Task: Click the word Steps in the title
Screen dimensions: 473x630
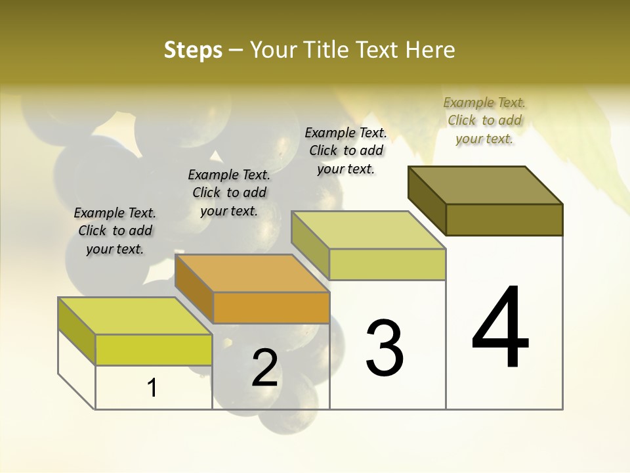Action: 193,50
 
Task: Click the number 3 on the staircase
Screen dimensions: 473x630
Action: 385,348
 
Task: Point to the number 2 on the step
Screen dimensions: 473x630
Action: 264,368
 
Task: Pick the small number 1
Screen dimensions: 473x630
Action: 152,388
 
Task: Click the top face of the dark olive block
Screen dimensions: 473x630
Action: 486,185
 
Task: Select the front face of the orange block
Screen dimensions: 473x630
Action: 271,308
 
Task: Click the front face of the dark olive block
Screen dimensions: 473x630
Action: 504,219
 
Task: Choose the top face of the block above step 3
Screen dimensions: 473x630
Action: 368,230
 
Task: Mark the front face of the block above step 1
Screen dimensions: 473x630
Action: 154,349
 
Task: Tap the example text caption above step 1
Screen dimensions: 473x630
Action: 115,231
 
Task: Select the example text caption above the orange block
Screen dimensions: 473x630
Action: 229,192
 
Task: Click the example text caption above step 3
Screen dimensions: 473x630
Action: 346,150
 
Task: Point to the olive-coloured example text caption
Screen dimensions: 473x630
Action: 484,120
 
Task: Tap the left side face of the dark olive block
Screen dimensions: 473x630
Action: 427,200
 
